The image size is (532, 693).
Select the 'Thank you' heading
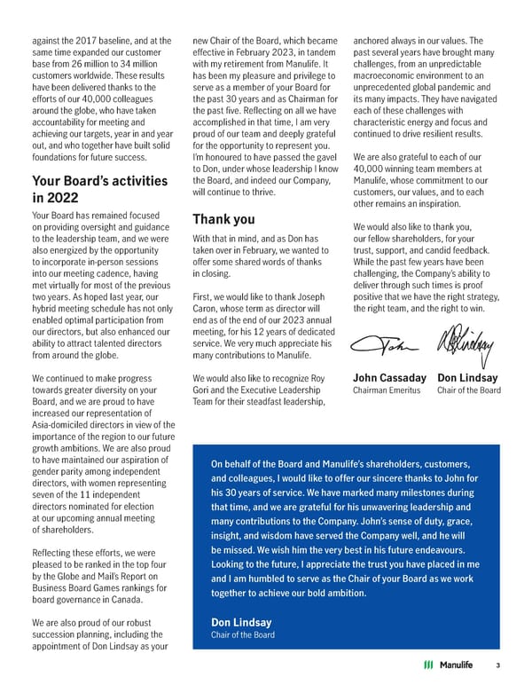[x=223, y=218]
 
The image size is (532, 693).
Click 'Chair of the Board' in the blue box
[x=242, y=634]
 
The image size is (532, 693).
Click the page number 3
[x=498, y=665]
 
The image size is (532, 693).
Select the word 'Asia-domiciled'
[x=62, y=426]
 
